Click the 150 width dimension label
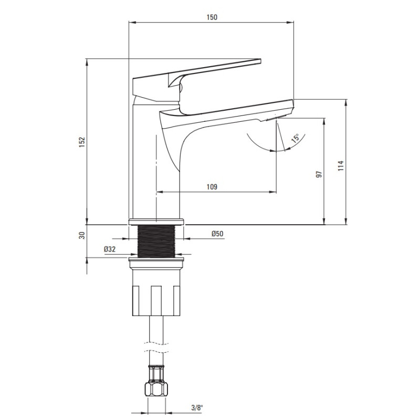click(212, 17)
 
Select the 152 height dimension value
click(82, 142)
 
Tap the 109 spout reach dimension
click(212, 187)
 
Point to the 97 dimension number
click(319, 174)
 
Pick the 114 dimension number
click(340, 166)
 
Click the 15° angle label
click(296, 138)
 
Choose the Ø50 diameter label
click(217, 234)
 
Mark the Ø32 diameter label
click(110, 249)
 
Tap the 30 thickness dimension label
click(82, 235)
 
